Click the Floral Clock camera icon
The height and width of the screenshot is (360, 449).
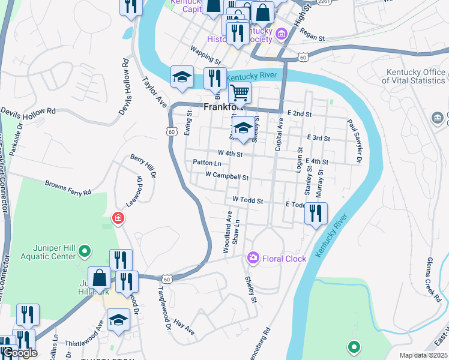253,258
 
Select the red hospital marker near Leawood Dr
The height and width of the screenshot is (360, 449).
119,218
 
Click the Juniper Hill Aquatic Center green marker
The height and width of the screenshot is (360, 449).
85,251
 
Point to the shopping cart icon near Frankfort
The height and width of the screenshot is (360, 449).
240,94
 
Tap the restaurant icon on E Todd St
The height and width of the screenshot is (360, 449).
315,213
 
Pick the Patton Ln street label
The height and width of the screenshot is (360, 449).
207,163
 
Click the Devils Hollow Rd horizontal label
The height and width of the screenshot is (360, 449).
28,111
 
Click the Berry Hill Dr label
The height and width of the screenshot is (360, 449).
143,166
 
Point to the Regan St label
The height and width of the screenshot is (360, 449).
312,36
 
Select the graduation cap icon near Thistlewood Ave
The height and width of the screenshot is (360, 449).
119,319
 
